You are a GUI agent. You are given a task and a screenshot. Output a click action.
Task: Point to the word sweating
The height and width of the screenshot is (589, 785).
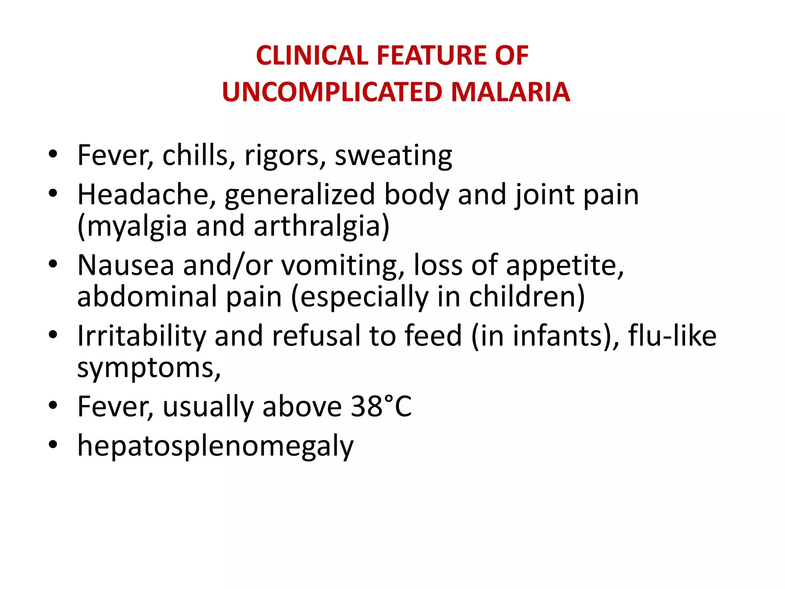point(393,156)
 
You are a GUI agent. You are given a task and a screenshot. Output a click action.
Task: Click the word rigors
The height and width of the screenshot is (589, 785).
point(285,156)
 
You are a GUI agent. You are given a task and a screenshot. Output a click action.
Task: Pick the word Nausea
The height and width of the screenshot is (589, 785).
point(126,265)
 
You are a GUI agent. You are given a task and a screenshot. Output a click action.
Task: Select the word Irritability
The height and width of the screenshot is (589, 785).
point(141,336)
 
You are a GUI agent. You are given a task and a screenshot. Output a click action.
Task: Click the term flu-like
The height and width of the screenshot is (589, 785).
point(672,336)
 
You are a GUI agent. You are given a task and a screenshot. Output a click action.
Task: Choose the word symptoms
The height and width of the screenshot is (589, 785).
point(149,368)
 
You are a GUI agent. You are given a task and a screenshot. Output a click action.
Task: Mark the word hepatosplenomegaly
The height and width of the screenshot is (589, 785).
point(215,446)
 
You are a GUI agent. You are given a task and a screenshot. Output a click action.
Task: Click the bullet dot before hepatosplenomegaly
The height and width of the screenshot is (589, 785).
point(53,445)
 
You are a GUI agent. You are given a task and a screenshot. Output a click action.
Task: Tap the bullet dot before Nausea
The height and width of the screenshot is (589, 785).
point(53,264)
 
